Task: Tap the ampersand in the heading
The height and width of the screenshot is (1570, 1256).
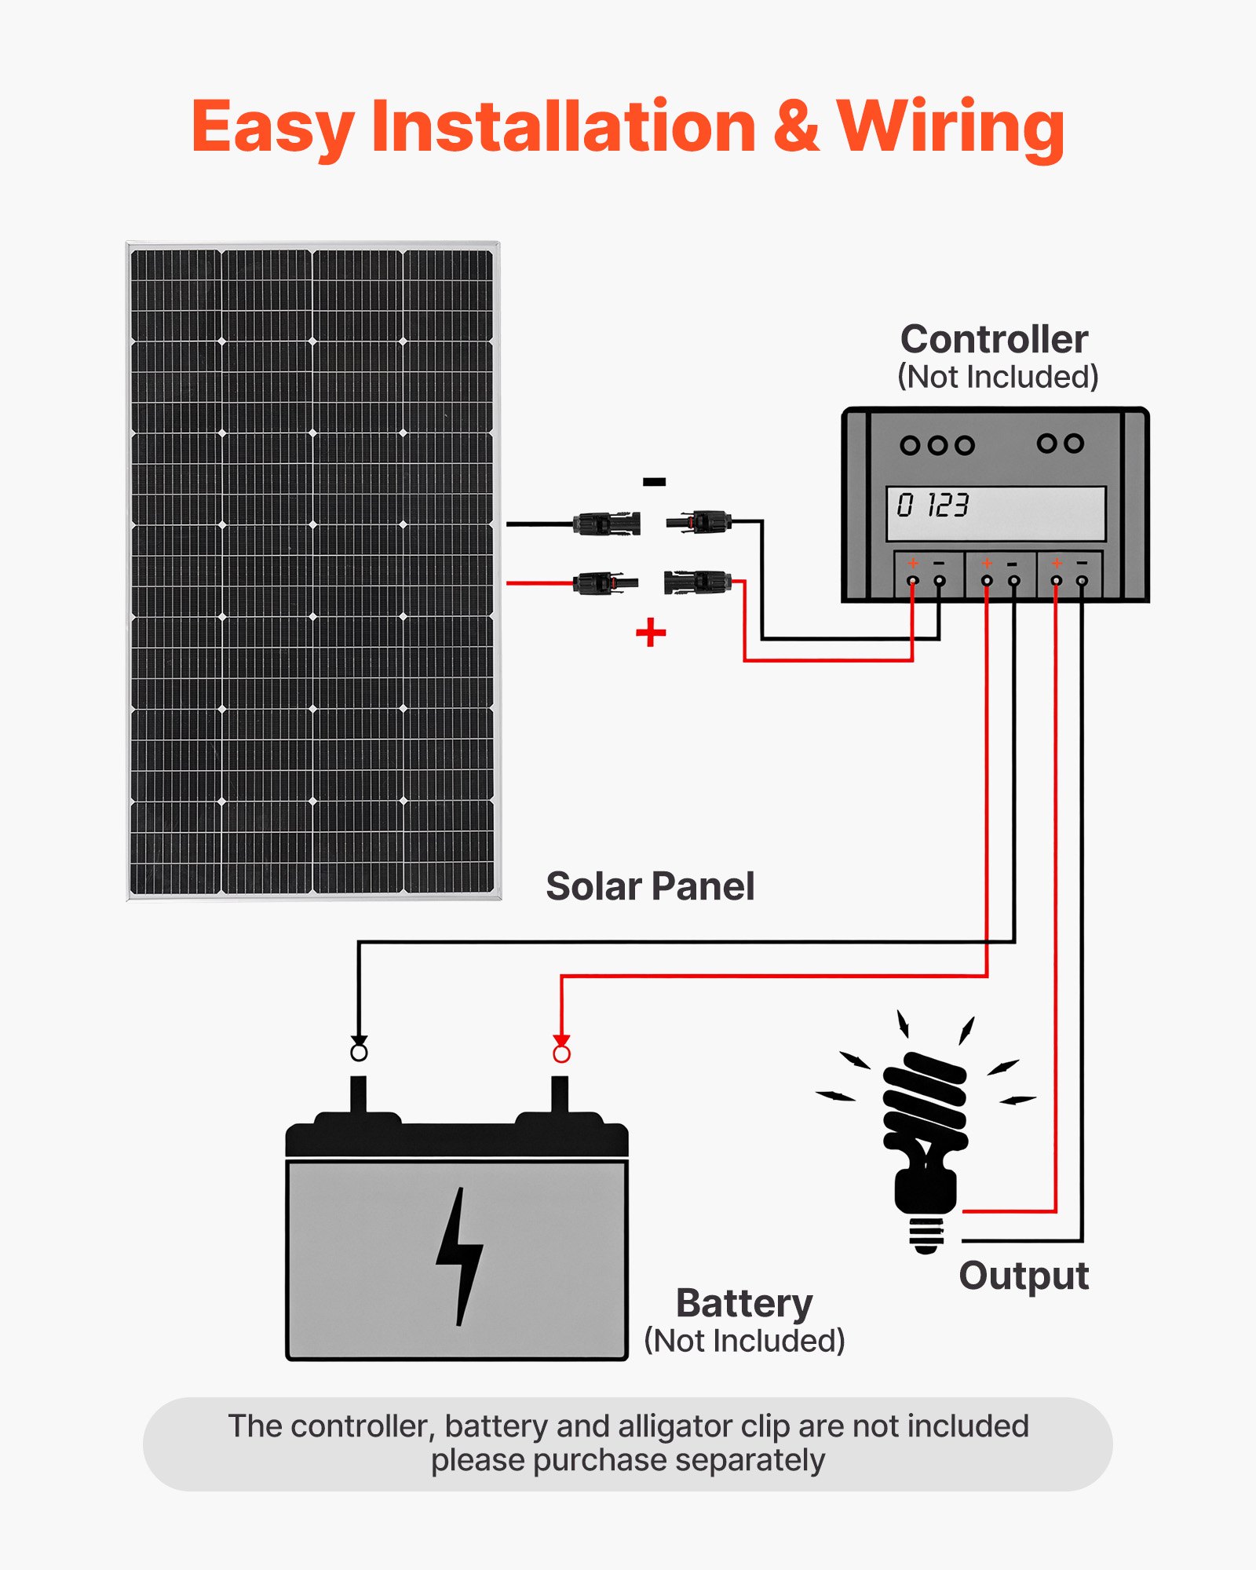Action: click(x=796, y=127)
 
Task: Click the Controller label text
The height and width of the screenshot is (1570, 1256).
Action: click(x=994, y=339)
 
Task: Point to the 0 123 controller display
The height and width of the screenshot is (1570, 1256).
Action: click(x=995, y=513)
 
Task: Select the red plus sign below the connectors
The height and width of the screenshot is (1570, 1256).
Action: click(x=651, y=632)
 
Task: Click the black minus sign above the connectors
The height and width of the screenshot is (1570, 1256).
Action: click(x=654, y=482)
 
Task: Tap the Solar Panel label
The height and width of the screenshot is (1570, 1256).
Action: click(x=650, y=886)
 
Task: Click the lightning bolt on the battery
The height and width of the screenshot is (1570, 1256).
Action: click(x=460, y=1256)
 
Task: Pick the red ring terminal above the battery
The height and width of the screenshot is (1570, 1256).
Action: click(x=561, y=1053)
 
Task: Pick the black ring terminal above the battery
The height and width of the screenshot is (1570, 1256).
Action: click(x=359, y=1052)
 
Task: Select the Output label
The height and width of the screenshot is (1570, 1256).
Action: click(x=1024, y=1276)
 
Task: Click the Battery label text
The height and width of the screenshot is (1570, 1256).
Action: click(x=744, y=1304)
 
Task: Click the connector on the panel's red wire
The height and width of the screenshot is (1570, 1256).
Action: click(x=604, y=583)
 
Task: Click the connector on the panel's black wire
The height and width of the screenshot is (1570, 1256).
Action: click(x=606, y=523)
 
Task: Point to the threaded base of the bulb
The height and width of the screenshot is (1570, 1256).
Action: click(x=926, y=1234)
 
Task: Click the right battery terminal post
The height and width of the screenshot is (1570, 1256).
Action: click(x=560, y=1095)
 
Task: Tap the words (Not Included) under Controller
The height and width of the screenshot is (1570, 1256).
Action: click(x=997, y=378)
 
